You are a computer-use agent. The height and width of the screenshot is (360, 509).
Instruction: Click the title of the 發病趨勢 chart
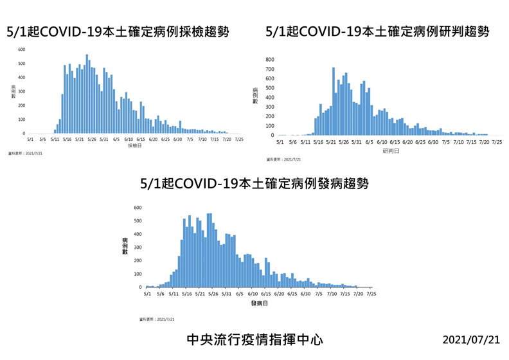pyautogui.click(x=254, y=184)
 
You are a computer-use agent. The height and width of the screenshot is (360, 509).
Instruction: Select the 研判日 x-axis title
pyautogui.click(x=390, y=150)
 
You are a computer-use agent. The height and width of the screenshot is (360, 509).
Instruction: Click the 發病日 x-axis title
pyautogui.click(x=259, y=303)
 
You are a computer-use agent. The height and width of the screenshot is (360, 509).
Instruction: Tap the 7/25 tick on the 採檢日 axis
pyautogui.click(x=239, y=138)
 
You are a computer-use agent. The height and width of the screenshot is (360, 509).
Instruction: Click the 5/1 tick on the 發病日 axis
pyautogui.click(x=147, y=294)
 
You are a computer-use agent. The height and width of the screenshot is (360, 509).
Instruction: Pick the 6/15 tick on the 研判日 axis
pyautogui.click(x=395, y=141)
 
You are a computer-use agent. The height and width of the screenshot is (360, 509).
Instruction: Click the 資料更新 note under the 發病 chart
pyautogui.click(x=157, y=319)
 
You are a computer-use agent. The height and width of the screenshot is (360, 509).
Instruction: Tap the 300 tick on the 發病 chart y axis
pyautogui.click(x=138, y=248)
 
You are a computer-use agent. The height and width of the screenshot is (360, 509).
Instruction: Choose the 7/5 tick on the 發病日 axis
pyautogui.click(x=319, y=294)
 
